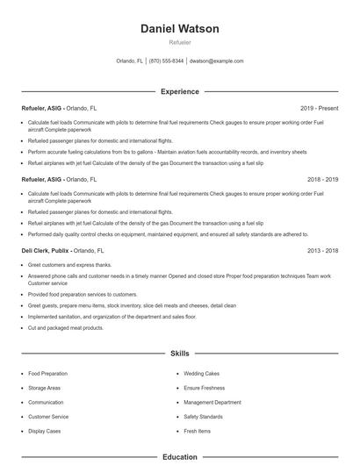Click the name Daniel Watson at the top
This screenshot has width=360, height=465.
(x=179, y=28)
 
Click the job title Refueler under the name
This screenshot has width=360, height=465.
(x=179, y=42)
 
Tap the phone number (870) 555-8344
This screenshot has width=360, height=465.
(x=167, y=61)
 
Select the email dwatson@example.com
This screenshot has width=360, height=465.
(x=216, y=61)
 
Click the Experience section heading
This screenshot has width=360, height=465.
(x=179, y=91)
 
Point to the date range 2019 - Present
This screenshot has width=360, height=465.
(x=319, y=108)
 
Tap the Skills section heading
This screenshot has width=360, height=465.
(x=179, y=354)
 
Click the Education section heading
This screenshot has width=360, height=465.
(x=179, y=456)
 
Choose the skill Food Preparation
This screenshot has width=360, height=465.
(x=47, y=374)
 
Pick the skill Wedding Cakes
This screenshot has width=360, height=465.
(x=202, y=374)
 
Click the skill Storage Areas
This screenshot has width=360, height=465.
(x=44, y=388)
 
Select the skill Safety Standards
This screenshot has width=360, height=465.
(x=203, y=417)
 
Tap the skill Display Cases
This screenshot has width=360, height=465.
(x=45, y=431)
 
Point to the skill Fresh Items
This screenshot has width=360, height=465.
(x=197, y=431)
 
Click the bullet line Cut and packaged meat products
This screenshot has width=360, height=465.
(x=66, y=327)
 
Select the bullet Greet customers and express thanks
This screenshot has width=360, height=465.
(x=69, y=264)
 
